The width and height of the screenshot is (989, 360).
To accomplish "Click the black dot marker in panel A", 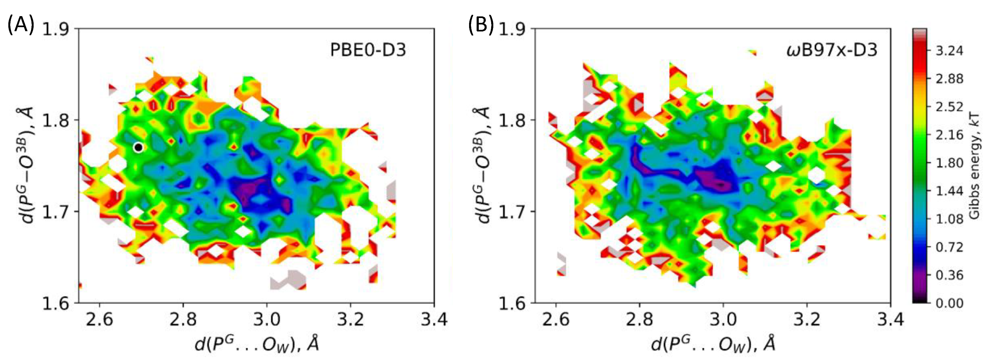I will point(139,147).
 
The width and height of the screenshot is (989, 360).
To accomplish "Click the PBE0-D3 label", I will point(368,50).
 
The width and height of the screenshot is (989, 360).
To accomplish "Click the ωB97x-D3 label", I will point(832,50).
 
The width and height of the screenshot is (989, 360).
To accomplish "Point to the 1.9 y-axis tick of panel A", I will point(56,29).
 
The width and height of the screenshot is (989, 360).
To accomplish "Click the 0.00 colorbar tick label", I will point(949,304).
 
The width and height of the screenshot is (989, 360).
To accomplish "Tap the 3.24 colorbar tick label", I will point(949,51).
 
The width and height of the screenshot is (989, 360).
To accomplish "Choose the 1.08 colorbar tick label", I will point(949,219).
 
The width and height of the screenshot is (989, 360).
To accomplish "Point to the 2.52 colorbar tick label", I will point(949,107).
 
